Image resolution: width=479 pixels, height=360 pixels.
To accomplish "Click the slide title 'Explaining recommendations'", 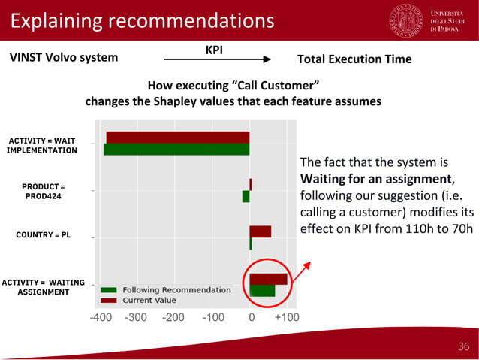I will pyautogui.click(x=142, y=20).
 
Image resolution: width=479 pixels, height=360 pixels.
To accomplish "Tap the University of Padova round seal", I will pyautogui.click(x=406, y=20).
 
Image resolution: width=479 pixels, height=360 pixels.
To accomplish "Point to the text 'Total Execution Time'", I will pyautogui.click(x=354, y=59).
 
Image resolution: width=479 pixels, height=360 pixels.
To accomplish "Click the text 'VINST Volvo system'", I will pyautogui.click(x=63, y=58).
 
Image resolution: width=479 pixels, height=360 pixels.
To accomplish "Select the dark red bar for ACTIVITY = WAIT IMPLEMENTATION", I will pyautogui.click(x=178, y=137).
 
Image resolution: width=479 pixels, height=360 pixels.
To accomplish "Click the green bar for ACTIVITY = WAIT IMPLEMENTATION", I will pyautogui.click(x=176, y=150).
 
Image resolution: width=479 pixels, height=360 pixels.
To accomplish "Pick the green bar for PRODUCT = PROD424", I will pyautogui.click(x=246, y=196).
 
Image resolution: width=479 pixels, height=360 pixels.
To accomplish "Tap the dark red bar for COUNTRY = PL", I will pyautogui.click(x=260, y=231).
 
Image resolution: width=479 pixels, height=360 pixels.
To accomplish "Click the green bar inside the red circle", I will pyautogui.click(x=262, y=291).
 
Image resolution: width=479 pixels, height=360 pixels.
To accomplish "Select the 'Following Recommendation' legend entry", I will pyautogui.click(x=176, y=290).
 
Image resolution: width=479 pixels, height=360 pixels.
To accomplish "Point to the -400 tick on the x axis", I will pyautogui.click(x=103, y=317).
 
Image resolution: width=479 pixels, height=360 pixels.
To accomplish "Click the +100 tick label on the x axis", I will pyautogui.click(x=287, y=317).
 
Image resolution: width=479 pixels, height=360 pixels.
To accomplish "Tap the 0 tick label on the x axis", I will pyautogui.click(x=251, y=317).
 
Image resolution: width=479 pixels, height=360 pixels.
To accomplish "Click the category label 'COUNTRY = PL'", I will pyautogui.click(x=43, y=235).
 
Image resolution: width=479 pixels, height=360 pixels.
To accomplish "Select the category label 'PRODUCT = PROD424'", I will pyautogui.click(x=43, y=191).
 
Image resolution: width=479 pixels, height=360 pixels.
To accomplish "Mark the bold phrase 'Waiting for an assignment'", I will pyautogui.click(x=376, y=179).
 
